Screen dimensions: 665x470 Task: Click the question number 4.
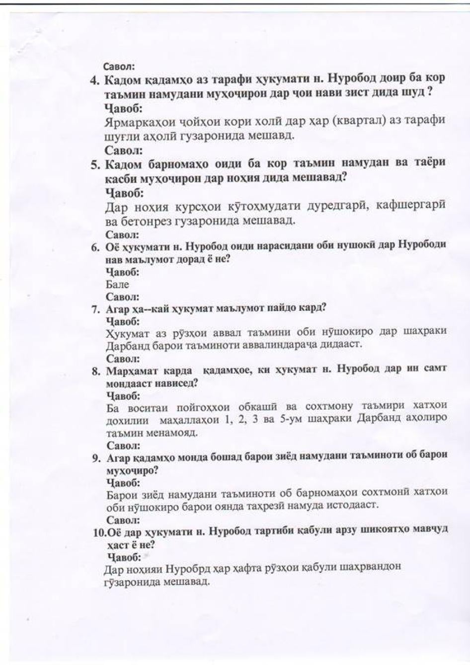pos(94,79)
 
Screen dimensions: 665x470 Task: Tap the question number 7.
pos(96,309)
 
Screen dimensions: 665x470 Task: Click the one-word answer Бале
pos(117,285)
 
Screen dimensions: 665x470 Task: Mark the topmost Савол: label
pos(119,67)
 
